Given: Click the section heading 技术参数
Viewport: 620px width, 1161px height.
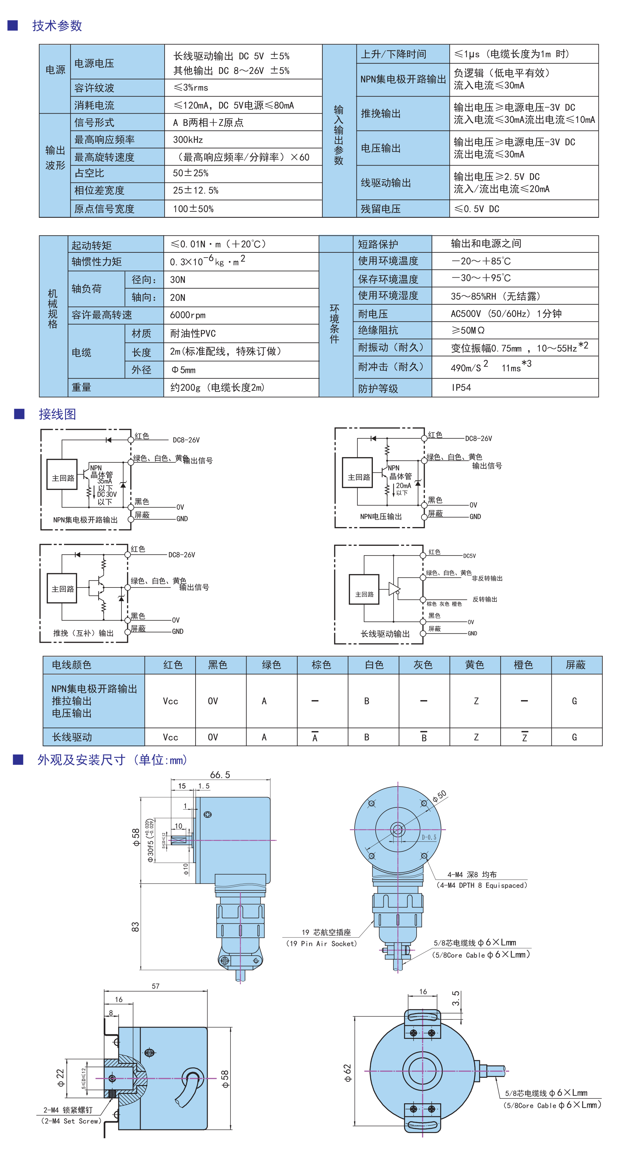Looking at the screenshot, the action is pos(57,26).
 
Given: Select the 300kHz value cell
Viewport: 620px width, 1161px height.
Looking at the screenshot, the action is pos(188,140).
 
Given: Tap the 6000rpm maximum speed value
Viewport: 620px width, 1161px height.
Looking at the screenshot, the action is pos(187,315).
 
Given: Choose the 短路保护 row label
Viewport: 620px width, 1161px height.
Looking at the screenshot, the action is pos(378,244).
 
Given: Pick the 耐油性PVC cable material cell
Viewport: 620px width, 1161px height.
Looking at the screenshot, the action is pos(193,334).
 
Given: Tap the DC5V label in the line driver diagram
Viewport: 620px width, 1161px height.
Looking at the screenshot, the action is pos(469,556).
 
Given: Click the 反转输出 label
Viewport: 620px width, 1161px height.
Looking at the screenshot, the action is pos(485,599).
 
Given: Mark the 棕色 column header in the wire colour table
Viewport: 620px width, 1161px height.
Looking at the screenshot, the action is pos(321,665).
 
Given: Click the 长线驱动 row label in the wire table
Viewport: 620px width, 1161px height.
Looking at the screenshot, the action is pos(72,737).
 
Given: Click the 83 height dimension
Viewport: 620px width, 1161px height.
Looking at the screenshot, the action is pos(135,926).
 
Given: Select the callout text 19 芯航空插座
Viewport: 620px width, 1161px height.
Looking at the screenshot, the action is pos(326,932).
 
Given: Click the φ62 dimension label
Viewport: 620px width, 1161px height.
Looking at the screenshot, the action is pos(347,1073).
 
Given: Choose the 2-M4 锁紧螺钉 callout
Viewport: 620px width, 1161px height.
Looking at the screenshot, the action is pos(68,1110).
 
